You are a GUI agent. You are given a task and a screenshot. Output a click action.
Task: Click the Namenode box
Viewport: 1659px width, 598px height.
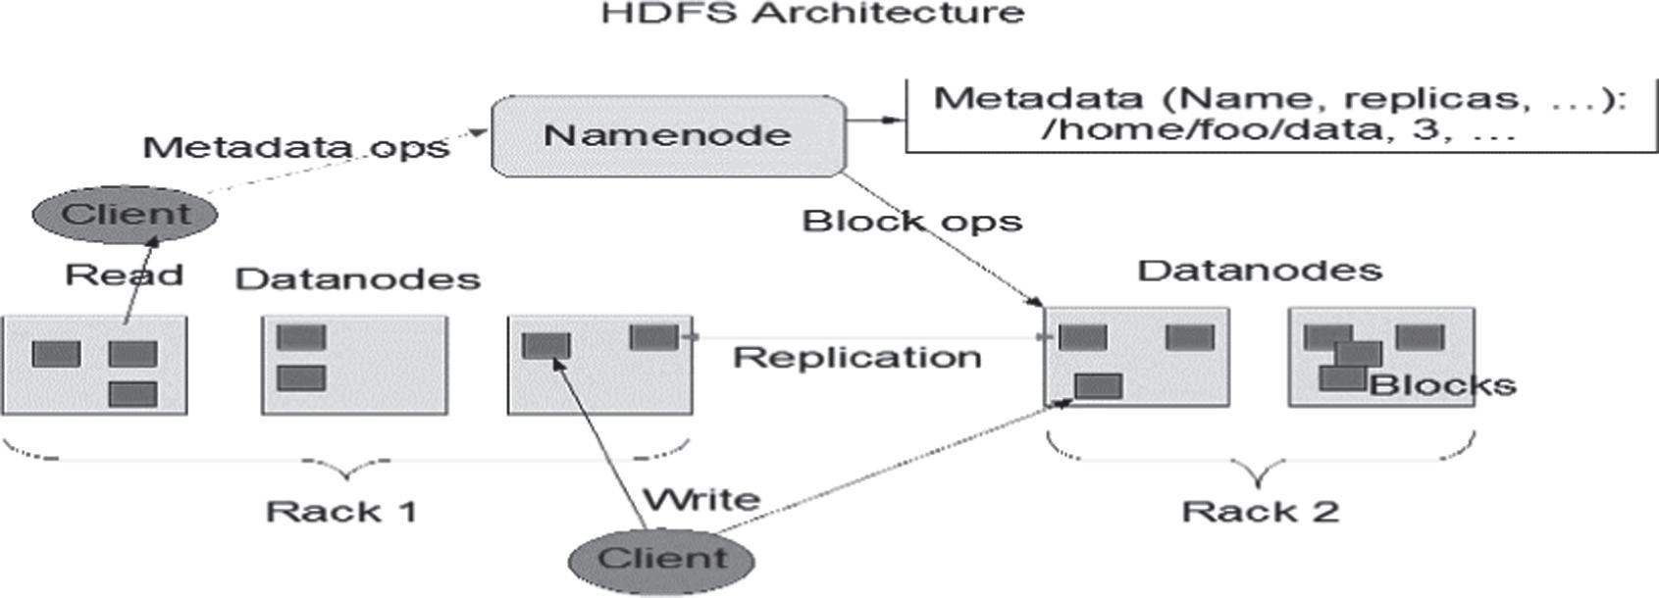click(667, 136)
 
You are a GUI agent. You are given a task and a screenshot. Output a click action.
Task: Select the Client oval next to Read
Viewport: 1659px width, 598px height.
click(125, 214)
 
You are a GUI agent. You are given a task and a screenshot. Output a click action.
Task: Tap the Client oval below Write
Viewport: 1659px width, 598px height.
click(662, 560)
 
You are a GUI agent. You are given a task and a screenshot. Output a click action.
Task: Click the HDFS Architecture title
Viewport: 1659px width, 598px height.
click(812, 14)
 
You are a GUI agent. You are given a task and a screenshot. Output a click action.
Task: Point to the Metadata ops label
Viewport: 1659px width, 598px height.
click(295, 147)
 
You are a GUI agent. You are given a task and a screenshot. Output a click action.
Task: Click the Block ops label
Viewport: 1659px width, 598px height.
click(911, 221)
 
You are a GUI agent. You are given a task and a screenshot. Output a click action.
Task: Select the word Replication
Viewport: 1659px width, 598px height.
click(856, 357)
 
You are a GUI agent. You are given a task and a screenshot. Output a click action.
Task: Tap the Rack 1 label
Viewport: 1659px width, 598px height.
click(341, 511)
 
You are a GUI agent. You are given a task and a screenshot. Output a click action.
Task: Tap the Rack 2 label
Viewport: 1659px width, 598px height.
click(1260, 511)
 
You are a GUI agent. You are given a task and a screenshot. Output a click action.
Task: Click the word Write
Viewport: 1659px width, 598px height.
click(701, 499)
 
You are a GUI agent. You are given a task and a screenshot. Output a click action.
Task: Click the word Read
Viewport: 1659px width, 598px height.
click(124, 274)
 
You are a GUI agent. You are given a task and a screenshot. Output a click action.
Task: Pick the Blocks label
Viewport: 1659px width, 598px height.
click(1442, 384)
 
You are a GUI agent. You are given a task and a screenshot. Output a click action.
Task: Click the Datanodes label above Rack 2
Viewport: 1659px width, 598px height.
click(1260, 270)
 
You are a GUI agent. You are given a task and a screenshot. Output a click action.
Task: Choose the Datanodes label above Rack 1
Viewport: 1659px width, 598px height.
click(358, 278)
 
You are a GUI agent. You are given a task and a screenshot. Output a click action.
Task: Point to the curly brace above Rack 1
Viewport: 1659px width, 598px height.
click(346, 461)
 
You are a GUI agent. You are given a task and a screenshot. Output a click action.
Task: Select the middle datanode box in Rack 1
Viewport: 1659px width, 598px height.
click(354, 365)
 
